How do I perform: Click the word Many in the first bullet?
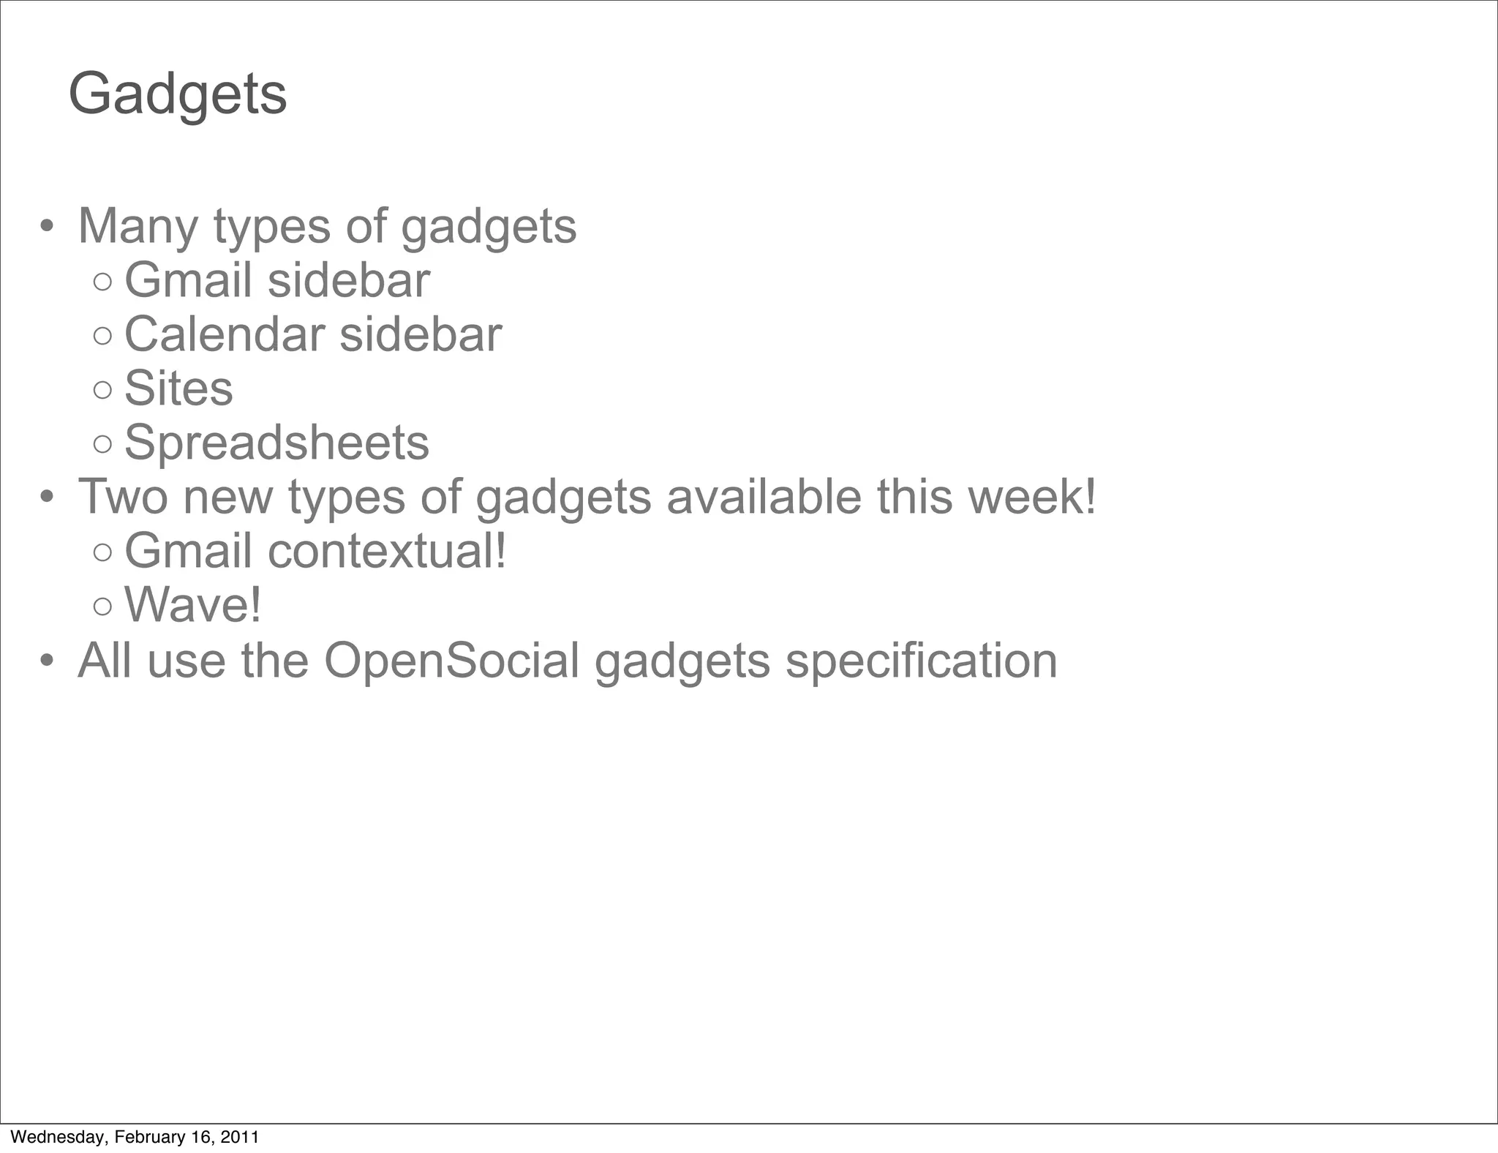click(138, 226)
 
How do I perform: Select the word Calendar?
click(224, 335)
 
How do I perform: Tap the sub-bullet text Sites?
click(178, 388)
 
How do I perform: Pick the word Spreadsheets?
click(276, 443)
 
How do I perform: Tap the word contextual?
click(387, 551)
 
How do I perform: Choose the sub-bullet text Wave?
click(192, 605)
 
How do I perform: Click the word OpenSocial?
click(451, 661)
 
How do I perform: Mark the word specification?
click(921, 661)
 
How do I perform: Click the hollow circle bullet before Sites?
click(103, 390)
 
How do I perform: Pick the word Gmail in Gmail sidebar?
click(188, 281)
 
